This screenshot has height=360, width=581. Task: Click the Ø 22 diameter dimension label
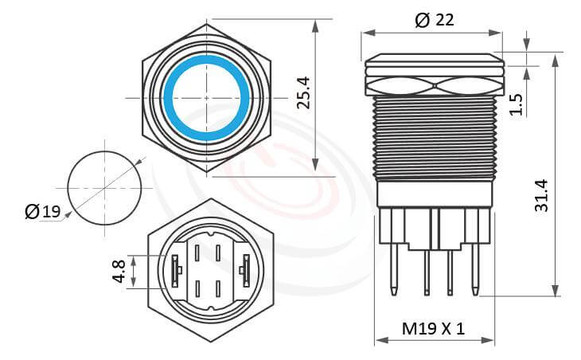click(x=435, y=20)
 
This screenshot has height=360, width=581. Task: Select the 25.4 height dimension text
click(x=303, y=94)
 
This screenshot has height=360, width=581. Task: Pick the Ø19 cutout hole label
click(x=42, y=212)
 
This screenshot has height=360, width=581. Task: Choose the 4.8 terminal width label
click(x=119, y=272)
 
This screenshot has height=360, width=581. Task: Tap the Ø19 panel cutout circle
click(x=104, y=188)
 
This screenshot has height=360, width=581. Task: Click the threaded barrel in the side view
click(x=434, y=135)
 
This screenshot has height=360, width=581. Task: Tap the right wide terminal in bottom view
click(x=246, y=271)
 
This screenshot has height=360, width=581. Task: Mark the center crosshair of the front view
click(x=207, y=97)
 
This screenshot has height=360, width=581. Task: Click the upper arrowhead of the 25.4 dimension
click(x=316, y=25)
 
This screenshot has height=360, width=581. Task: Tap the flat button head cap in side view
click(x=434, y=60)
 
